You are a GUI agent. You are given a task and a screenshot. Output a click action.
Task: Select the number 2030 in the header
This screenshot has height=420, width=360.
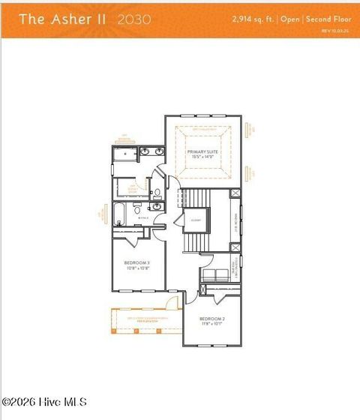[135, 19]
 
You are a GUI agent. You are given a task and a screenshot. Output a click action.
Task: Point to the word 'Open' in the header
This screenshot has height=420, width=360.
[289, 19]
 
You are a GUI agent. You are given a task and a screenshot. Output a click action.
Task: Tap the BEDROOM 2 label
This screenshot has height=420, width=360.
[212, 319]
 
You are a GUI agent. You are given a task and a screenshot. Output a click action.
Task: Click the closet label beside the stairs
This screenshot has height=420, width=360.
[195, 220]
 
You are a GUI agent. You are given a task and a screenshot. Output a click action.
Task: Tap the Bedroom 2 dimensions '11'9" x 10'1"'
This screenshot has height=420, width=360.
[212, 325]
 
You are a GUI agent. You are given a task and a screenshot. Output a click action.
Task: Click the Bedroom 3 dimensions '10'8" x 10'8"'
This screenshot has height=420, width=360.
[137, 267]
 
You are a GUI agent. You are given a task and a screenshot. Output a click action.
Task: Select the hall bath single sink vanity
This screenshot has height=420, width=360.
[155, 208]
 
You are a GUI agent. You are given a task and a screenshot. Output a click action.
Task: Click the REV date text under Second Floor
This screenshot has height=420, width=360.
[334, 31]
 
